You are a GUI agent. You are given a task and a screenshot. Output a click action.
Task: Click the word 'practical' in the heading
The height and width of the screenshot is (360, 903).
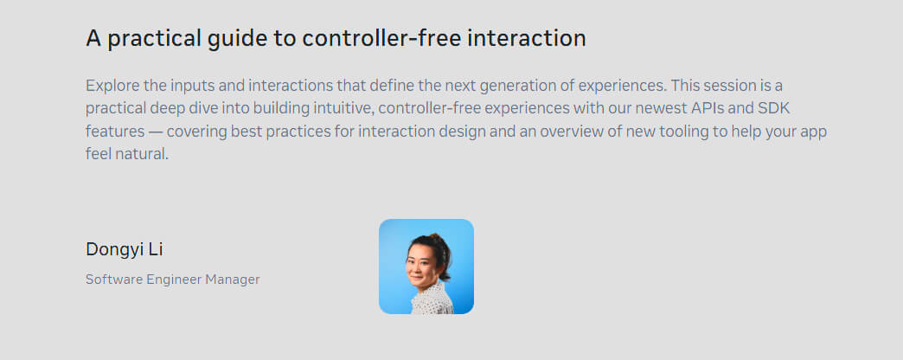pyautogui.click(x=153, y=39)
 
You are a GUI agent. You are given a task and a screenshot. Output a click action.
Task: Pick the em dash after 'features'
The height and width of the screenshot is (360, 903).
pyautogui.click(x=156, y=132)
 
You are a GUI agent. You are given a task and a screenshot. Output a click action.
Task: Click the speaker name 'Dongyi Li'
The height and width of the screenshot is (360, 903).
pyautogui.click(x=125, y=249)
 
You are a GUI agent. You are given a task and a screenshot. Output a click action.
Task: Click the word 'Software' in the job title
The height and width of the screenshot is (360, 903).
pyautogui.click(x=114, y=280)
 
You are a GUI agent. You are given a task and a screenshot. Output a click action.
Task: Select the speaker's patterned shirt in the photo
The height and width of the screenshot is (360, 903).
pyautogui.click(x=432, y=299)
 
